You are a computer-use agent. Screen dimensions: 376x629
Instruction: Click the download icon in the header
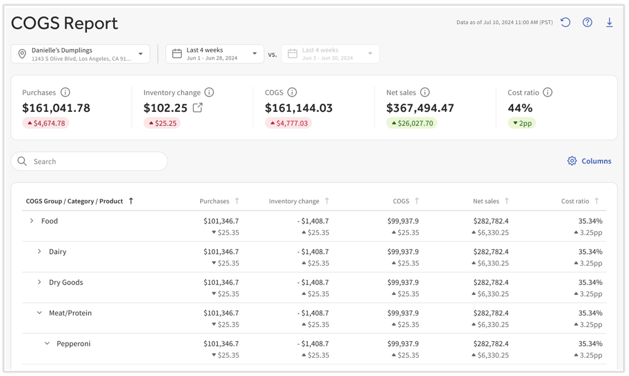pos(609,23)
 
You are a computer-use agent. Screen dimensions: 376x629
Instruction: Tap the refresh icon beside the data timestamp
pos(565,23)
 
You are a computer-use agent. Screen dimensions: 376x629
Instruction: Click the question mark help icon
pos(587,23)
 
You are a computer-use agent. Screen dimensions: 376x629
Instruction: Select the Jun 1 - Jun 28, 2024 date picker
pos(214,54)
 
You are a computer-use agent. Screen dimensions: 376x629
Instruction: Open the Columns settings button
pos(589,161)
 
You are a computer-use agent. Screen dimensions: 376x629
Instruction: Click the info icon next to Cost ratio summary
pos(548,93)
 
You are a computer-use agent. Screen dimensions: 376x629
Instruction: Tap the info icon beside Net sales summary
pos(425,93)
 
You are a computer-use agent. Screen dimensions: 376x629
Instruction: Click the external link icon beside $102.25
pos(198,108)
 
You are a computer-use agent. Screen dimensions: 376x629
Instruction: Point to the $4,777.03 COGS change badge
pos(288,123)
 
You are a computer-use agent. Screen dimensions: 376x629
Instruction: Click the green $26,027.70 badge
pos(411,123)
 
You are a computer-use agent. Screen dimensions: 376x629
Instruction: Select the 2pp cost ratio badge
pos(522,123)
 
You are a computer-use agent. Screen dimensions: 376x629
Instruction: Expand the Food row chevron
pos(32,221)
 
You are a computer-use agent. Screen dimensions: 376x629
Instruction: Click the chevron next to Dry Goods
pos(39,282)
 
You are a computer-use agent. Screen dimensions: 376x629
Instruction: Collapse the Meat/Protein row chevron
pos(39,313)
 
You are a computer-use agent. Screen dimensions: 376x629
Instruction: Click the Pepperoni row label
pos(73,344)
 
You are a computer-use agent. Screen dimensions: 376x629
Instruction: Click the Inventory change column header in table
pos(294,201)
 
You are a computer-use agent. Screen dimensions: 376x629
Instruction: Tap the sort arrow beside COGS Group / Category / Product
pos(131,201)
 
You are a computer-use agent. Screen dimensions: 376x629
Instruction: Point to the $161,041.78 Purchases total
pos(56,108)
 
